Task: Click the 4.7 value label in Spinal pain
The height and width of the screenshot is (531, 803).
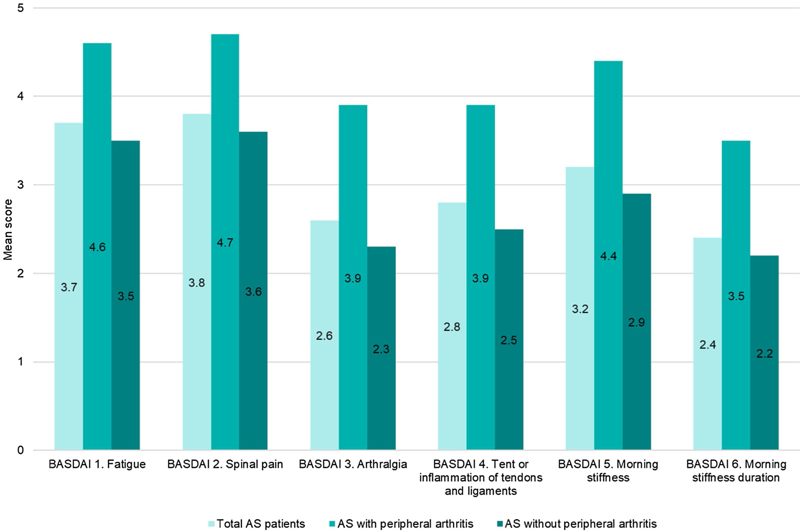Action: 225,242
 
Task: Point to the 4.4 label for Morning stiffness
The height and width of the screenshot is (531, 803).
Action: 608,256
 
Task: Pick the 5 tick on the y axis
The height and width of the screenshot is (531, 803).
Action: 20,8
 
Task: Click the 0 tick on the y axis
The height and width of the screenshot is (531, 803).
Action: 20,450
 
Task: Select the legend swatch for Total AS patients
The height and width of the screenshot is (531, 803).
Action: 211,524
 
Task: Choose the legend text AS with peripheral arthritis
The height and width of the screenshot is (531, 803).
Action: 405,524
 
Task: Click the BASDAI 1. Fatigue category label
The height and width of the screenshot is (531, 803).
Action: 97,464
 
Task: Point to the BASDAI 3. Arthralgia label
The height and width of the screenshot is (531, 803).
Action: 353,464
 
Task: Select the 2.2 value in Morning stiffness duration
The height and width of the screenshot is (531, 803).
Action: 764,354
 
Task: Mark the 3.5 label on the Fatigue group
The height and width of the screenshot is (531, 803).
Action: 126,296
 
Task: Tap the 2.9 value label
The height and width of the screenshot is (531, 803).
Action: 636,322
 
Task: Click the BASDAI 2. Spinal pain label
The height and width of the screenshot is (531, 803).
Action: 225,464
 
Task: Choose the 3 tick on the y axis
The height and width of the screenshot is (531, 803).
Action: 20,185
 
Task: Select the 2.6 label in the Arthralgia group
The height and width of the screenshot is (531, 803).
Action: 324,336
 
